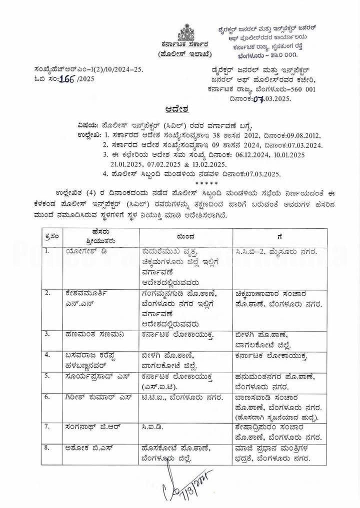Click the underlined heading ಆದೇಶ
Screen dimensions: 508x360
(180, 107)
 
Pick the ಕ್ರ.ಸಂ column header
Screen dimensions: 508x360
(51, 234)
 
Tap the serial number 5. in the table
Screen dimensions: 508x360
(46, 374)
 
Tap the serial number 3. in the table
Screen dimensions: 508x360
(46, 332)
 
